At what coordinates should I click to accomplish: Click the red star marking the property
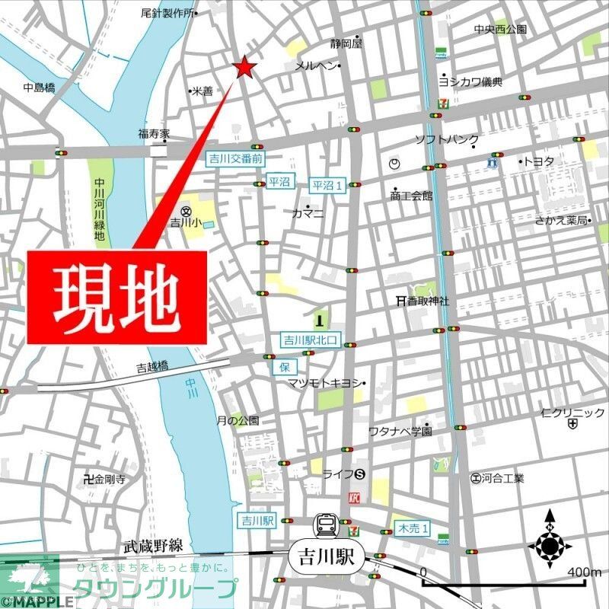coord(244,68)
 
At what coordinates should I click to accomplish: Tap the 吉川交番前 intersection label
coord(235,159)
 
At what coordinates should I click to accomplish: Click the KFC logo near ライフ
coord(352,499)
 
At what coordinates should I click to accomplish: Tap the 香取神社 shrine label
coord(426,301)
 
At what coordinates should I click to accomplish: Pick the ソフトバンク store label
coord(446,139)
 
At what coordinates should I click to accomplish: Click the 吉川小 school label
coord(183,222)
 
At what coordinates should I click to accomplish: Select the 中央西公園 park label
coord(499,30)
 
